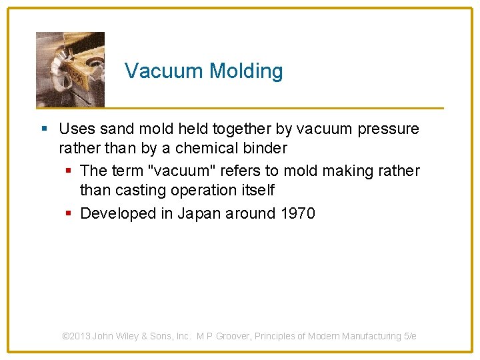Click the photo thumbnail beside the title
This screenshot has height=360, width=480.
(x=70, y=69)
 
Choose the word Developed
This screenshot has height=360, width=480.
(x=117, y=214)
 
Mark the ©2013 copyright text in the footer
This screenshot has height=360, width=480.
(x=76, y=336)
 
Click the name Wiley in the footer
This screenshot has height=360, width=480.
(x=127, y=336)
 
